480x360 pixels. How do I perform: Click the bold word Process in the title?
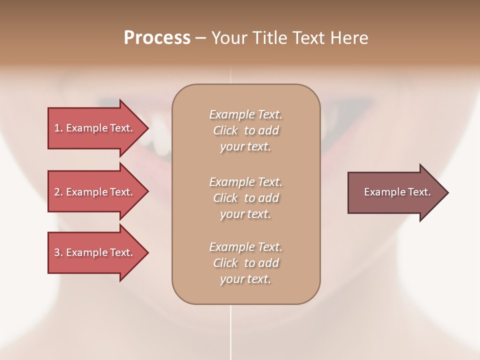(x=157, y=38)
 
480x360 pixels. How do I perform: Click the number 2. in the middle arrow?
(x=58, y=192)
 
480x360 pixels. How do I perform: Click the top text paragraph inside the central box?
(x=245, y=130)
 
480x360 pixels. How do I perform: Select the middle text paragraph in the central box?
(x=245, y=197)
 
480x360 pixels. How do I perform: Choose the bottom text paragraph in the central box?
(x=245, y=263)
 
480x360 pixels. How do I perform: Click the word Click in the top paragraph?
(x=225, y=130)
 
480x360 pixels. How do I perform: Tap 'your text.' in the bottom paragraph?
(x=245, y=279)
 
